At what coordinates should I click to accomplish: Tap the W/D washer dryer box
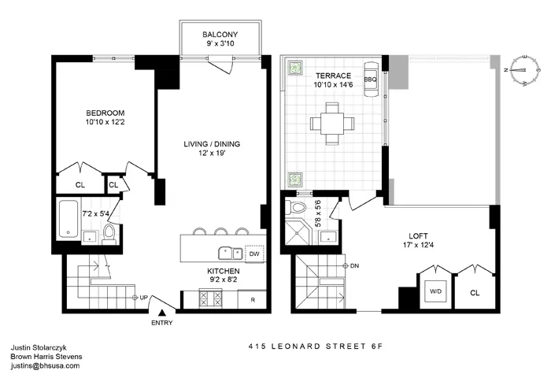[x=435, y=290]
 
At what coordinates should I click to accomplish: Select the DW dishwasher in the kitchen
[x=253, y=254]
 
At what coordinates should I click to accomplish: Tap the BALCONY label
[x=220, y=35]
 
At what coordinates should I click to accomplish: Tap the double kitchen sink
[x=230, y=253]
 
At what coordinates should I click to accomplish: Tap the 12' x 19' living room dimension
[x=211, y=154]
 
